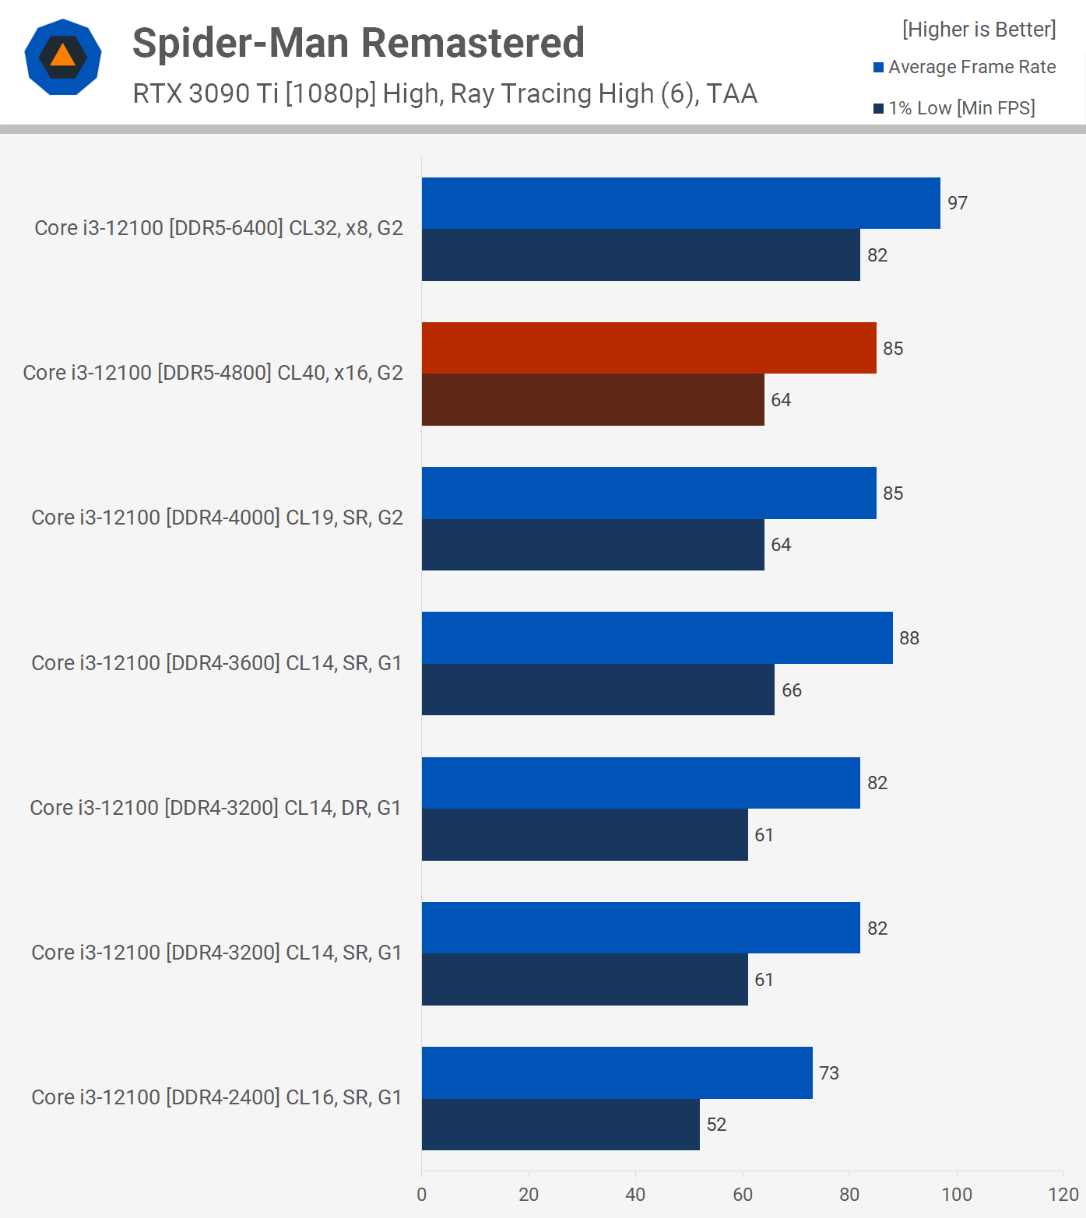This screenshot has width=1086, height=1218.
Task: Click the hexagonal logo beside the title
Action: point(63,57)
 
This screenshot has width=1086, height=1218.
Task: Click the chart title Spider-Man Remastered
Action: point(358,43)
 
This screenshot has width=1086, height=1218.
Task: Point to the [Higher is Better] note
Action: point(979,30)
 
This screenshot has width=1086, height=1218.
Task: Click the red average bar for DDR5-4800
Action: point(648,348)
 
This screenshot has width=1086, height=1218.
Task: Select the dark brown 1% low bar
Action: point(592,399)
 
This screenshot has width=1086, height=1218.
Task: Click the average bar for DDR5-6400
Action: point(680,203)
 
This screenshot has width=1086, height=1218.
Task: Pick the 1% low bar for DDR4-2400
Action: point(561,1124)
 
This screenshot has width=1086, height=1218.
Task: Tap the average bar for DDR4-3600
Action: point(657,637)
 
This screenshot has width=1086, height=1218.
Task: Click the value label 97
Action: point(958,203)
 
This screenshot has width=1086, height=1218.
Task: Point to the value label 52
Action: point(716,1125)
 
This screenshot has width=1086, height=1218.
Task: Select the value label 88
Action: point(909,638)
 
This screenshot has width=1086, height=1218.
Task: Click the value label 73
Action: point(829,1073)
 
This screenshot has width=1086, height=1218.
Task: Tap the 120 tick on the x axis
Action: point(1063,1195)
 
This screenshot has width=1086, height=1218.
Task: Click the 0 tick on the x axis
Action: point(422,1195)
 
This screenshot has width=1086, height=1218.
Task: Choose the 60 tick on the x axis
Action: point(743,1195)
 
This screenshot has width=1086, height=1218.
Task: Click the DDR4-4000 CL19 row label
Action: point(216,518)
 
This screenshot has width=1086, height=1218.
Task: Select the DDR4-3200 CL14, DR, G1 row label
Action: point(215,808)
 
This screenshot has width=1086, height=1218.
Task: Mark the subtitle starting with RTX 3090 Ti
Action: point(445,93)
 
